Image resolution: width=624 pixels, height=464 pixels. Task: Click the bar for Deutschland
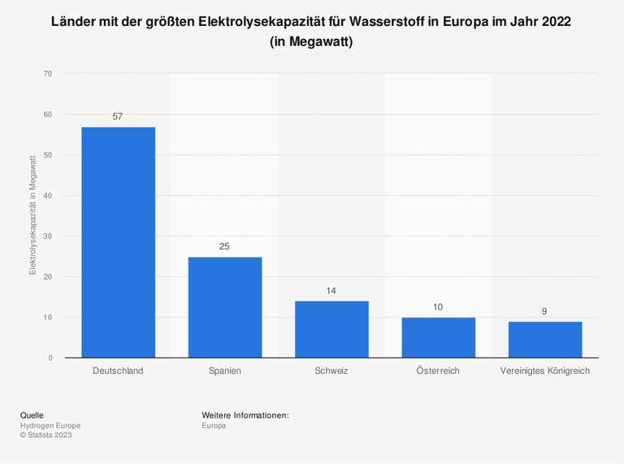[118, 242]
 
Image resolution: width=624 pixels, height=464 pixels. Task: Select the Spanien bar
[225, 307]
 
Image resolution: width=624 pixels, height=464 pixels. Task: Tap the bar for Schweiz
[331, 329]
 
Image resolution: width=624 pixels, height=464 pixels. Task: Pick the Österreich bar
[438, 337]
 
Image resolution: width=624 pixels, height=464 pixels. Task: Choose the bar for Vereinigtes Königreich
[545, 340]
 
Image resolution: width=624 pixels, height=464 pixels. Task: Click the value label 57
[118, 117]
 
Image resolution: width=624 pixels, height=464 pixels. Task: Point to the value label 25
[225, 246]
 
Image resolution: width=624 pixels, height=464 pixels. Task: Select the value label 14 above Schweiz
[331, 291]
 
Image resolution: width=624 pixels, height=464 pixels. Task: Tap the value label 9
[545, 311]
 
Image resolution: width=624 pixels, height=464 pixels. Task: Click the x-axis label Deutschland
[118, 371]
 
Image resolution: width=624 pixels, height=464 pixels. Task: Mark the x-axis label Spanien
[225, 371]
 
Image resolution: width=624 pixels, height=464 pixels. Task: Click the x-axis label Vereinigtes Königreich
[545, 371]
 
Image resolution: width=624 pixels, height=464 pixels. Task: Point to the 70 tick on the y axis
[48, 74]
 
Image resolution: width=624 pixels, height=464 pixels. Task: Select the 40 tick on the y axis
[48, 196]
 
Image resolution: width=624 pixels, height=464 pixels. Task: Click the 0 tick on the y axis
[50, 358]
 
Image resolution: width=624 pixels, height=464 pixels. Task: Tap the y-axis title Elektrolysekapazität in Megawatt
[32, 215]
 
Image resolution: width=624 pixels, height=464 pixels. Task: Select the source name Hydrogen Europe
[50, 425]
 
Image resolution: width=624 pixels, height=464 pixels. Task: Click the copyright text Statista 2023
[46, 435]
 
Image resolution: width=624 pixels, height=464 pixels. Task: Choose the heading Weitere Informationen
[245, 415]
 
